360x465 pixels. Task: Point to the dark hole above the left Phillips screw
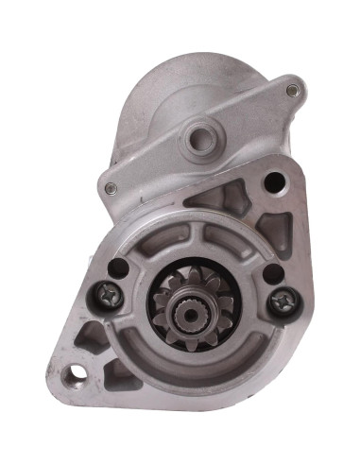(118, 267)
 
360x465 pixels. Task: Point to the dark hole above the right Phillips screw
(272, 274)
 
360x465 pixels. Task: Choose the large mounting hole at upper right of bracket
(275, 181)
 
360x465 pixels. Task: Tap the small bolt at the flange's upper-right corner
(292, 90)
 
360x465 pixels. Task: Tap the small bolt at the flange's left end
(111, 187)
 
